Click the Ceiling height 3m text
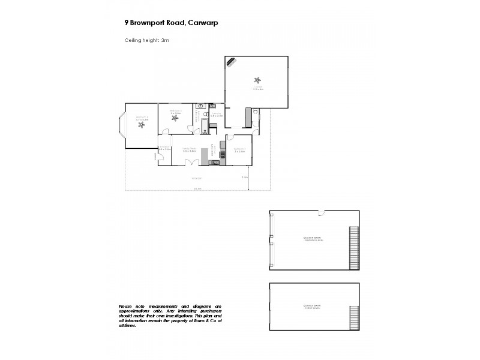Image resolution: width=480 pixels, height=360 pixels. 148,40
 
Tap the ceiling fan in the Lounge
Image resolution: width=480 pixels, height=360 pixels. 257,80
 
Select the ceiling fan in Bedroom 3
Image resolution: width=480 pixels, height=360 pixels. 142,124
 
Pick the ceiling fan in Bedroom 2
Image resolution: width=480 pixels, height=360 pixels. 175,117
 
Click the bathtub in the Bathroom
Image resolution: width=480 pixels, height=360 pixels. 204,126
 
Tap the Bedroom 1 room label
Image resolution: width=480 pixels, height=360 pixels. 239,150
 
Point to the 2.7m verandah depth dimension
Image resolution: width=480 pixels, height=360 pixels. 244,178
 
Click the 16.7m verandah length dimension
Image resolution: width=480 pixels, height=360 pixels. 196,190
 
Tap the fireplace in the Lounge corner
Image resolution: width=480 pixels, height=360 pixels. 231,62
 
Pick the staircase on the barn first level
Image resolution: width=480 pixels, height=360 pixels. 353,316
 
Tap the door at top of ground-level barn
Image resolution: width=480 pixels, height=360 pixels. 322,212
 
